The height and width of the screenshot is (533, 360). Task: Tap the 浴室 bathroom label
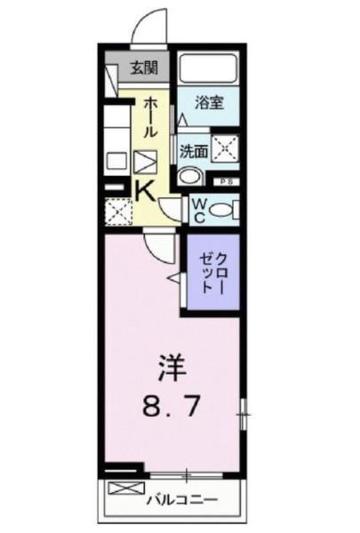coord(210,102)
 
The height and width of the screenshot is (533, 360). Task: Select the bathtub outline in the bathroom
coord(210,68)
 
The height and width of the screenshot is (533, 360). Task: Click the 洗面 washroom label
coord(193,151)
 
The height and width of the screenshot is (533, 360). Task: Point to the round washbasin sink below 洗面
coord(188,177)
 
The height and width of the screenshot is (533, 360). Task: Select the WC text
coord(199,210)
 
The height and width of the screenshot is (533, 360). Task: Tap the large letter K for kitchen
coord(144,190)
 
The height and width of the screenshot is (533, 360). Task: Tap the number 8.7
coord(173,408)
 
